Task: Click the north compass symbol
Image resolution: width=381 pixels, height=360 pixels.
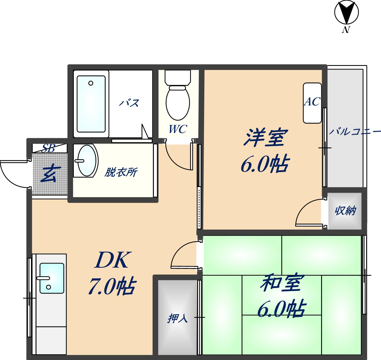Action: pos(346,13)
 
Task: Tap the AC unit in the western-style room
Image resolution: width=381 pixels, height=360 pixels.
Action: pos(312,103)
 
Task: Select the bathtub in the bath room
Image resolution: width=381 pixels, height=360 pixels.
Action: pos(91,104)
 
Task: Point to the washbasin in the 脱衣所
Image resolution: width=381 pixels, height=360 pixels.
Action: pos(87,161)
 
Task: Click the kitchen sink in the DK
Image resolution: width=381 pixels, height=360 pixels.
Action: pos(52,278)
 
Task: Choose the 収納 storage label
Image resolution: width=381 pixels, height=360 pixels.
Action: pos(345,211)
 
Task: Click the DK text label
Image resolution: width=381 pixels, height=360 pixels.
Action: pos(111,260)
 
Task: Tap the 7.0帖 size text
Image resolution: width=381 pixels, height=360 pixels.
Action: pos(111,287)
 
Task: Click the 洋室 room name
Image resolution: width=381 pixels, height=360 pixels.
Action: pos(264,138)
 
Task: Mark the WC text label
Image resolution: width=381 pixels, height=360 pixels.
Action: pos(178,129)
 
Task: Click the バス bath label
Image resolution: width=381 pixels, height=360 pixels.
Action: pos(129,103)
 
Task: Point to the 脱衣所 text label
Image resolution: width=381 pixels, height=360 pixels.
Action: pos(121,172)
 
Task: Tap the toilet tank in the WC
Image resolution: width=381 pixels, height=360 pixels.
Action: pos(177,77)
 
